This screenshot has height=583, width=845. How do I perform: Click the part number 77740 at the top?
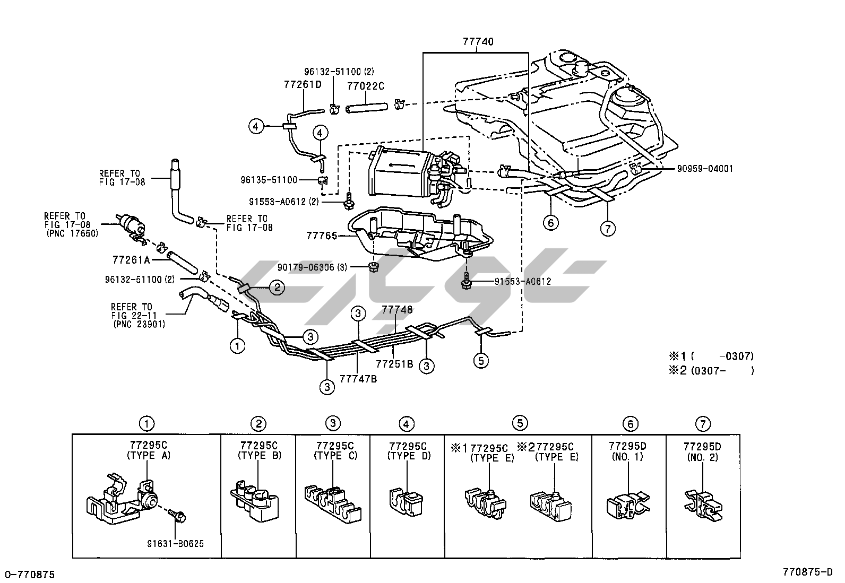tap(478, 42)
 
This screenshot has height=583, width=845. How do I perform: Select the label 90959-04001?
tap(704, 169)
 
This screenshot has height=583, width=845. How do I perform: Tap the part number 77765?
tap(321, 236)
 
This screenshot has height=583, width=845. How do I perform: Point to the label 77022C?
tap(365, 85)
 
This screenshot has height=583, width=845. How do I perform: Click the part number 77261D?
tap(303, 85)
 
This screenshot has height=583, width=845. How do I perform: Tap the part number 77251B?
tap(394, 364)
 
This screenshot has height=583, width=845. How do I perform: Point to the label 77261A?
tap(131, 260)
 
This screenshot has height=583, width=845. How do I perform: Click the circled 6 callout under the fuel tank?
tap(551, 223)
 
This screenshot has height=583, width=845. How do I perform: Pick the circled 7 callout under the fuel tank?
tap(607, 228)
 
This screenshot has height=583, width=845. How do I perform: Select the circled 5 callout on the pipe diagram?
tap(481, 361)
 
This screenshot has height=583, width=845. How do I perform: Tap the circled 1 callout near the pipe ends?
tap(237, 345)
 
